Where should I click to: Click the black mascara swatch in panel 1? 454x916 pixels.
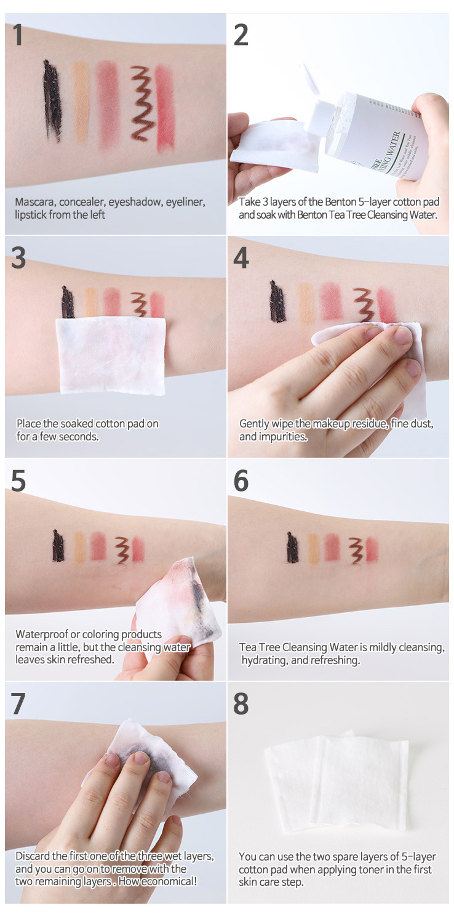click(53, 101)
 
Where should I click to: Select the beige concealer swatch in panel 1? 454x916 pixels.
click(81, 102)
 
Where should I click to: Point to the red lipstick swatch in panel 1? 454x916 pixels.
click(165, 107)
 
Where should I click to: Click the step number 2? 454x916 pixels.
click(241, 35)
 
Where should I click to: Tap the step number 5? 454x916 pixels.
click(18, 480)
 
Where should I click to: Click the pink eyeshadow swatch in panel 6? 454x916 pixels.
click(332, 547)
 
